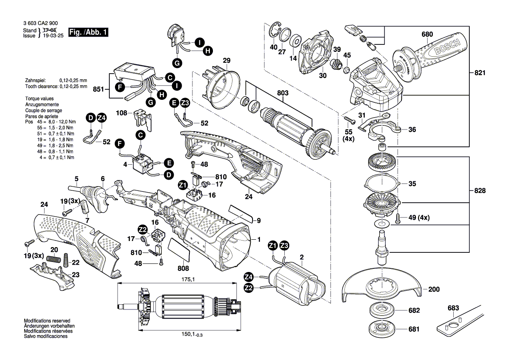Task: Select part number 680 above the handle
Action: pyautogui.click(x=427, y=34)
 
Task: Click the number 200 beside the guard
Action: pyautogui.click(x=434, y=289)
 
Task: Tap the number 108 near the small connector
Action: pyautogui.click(x=122, y=113)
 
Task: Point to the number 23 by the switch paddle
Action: pyautogui.click(x=76, y=275)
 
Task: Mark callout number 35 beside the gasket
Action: pyautogui.click(x=412, y=184)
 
